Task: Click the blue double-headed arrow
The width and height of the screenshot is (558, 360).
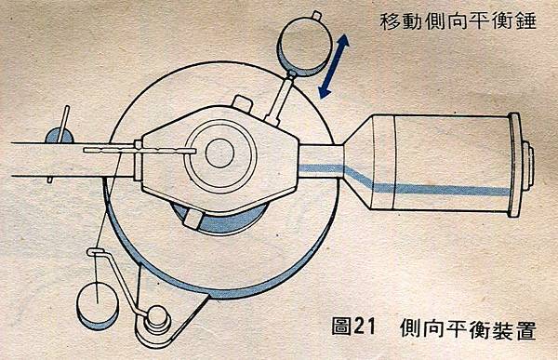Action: [x=334, y=66]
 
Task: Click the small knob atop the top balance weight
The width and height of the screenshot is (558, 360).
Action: [x=317, y=15]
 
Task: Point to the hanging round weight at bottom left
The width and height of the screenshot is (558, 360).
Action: [x=98, y=305]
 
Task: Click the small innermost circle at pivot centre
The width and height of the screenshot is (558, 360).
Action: [x=219, y=153]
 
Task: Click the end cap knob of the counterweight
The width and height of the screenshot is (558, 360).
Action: [x=528, y=164]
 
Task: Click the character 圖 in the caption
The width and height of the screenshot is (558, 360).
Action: [x=342, y=326]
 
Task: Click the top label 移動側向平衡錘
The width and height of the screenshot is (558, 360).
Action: [x=458, y=21]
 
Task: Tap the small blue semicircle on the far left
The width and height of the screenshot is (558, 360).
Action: [x=59, y=136]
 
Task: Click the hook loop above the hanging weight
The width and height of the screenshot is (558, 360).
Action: [x=95, y=252]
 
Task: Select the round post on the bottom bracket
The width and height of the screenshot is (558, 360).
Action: [x=157, y=317]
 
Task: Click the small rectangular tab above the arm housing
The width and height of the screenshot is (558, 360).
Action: [x=243, y=102]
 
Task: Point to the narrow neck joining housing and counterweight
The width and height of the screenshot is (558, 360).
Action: [x=320, y=161]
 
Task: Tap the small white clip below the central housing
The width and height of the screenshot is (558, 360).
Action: [x=193, y=218]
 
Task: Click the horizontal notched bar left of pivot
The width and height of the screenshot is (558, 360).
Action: [x=139, y=151]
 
